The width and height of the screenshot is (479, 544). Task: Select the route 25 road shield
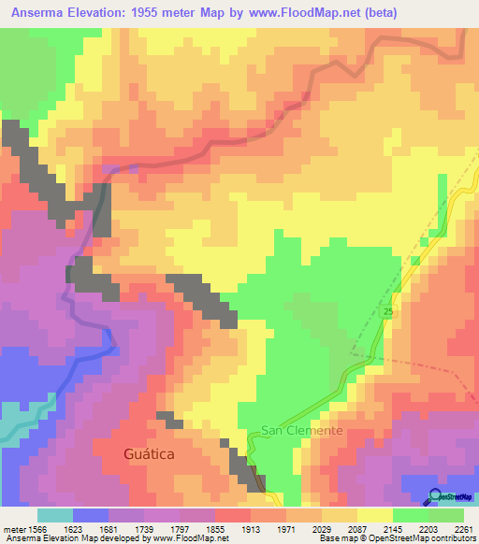(x=386, y=310)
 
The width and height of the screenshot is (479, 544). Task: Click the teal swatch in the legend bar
(x=55, y=515)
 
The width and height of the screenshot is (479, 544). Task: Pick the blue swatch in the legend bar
(x=91, y=515)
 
